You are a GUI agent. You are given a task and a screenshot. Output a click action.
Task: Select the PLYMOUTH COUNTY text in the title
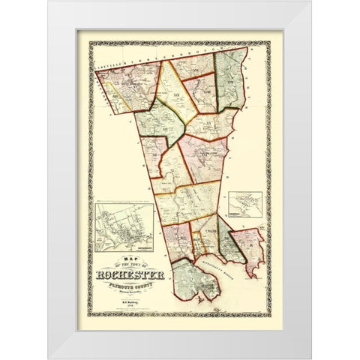(x=133, y=285)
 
